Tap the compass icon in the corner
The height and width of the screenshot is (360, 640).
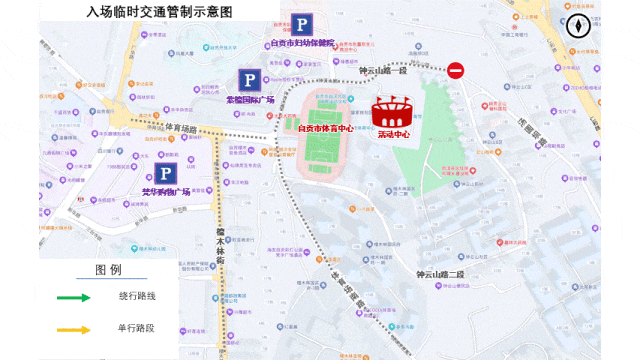(x=579, y=26)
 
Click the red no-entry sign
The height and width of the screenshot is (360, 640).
(x=456, y=70)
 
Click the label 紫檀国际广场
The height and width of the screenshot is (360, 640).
(x=249, y=99)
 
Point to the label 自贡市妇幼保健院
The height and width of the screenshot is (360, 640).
(x=303, y=44)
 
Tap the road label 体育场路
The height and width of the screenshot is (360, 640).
(x=181, y=127)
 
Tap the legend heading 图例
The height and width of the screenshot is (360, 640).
(x=108, y=270)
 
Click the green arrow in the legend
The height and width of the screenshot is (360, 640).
(x=74, y=297)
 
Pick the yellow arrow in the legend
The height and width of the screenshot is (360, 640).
(x=74, y=329)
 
